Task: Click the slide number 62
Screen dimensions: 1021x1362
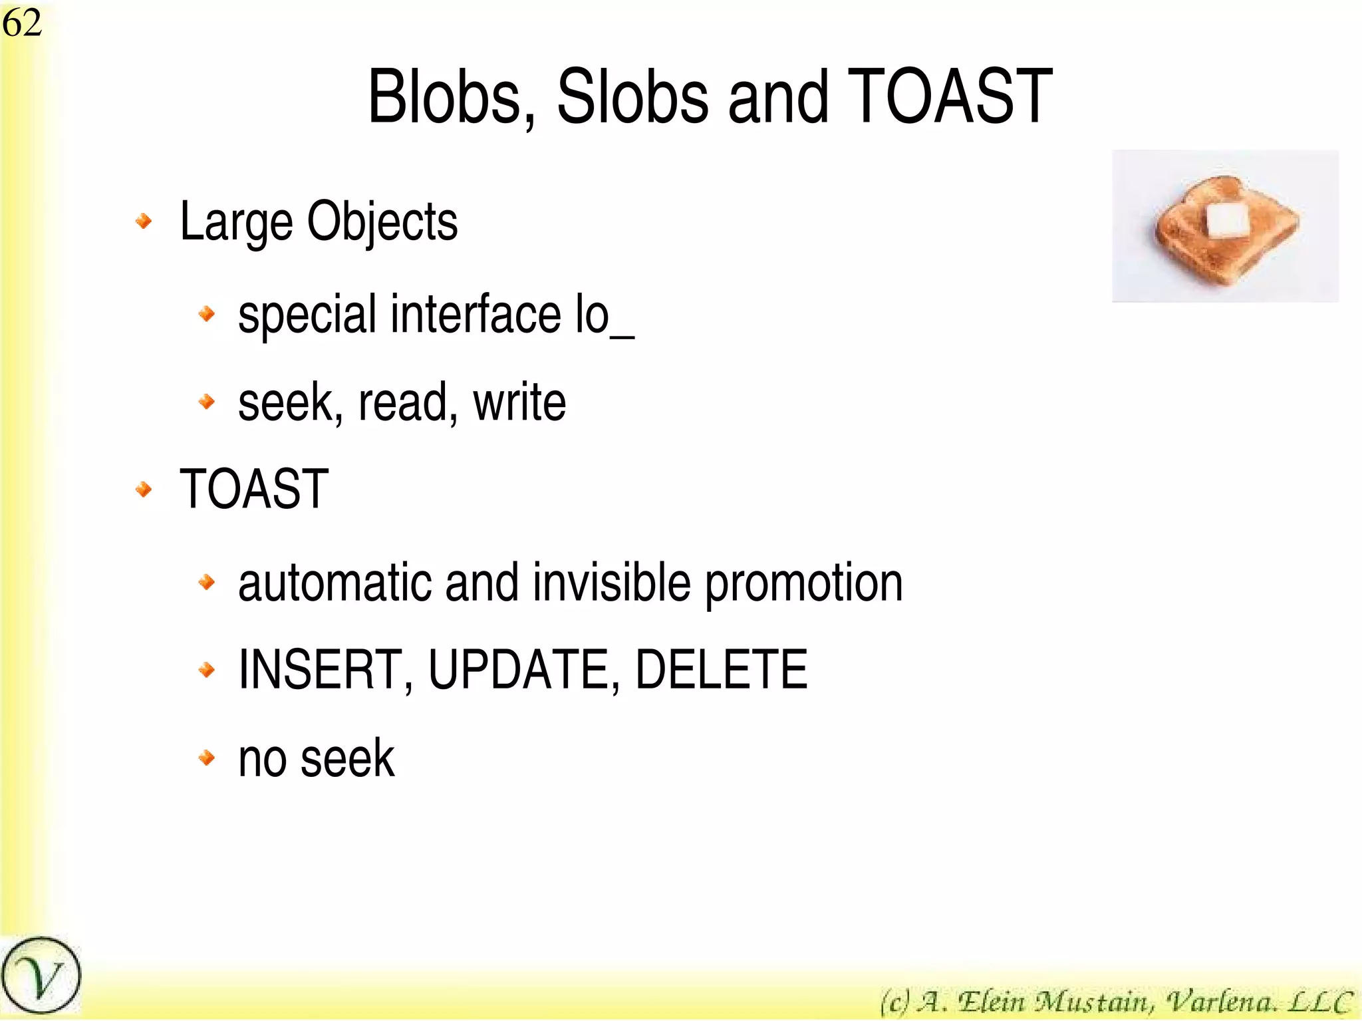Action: click(x=22, y=23)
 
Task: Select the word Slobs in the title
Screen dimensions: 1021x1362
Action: click(x=632, y=98)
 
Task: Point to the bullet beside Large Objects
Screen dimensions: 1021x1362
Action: click(x=144, y=221)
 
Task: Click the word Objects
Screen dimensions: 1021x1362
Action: click(x=382, y=223)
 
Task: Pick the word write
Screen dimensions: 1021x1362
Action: click(x=519, y=402)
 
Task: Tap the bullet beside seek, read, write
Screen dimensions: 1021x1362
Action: click(x=207, y=402)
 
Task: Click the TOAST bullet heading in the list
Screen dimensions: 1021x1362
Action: click(x=254, y=490)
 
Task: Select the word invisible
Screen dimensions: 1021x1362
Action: click(x=611, y=583)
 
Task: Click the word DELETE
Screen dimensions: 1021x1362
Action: click(x=721, y=669)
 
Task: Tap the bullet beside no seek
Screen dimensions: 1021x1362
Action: click(x=207, y=758)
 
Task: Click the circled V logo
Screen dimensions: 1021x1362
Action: click(x=41, y=976)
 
